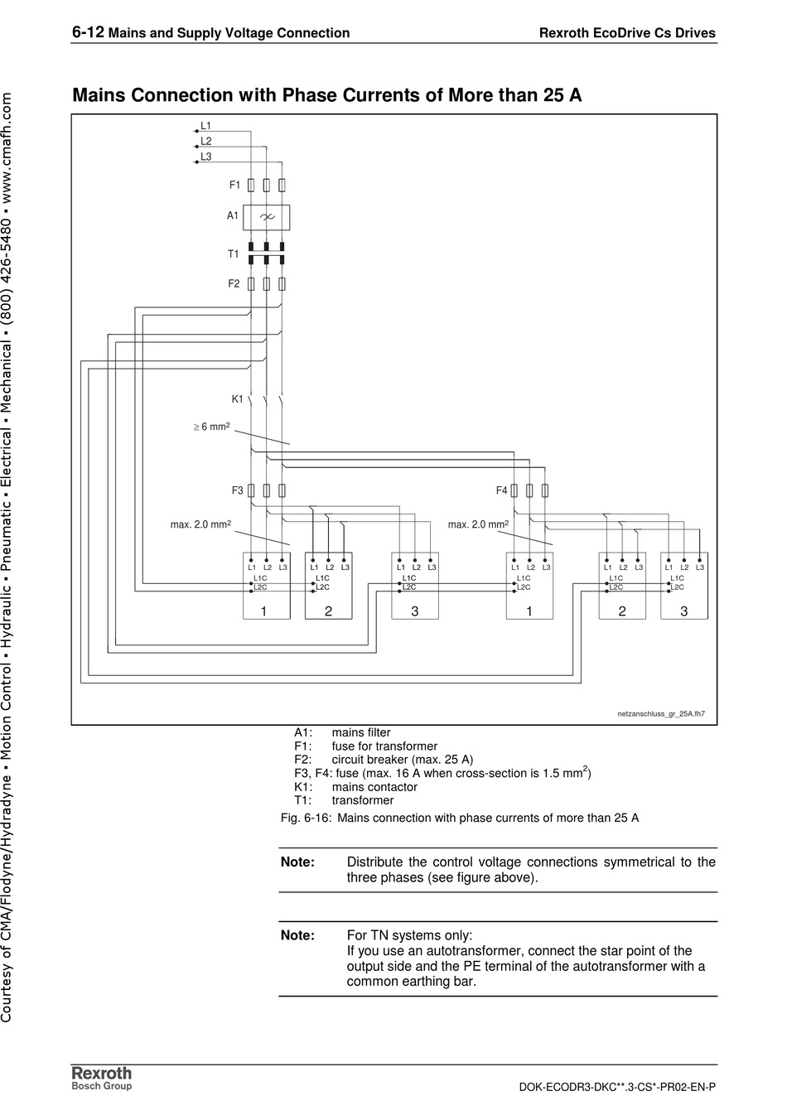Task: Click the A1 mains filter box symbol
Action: point(266,217)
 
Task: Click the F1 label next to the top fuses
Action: point(234,186)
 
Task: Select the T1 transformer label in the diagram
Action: point(234,254)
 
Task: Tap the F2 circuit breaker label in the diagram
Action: point(234,284)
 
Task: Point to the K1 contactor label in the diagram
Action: point(237,399)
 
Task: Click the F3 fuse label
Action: point(237,490)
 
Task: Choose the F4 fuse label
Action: point(501,490)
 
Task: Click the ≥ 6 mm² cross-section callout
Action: point(211,427)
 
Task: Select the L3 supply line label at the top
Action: point(205,157)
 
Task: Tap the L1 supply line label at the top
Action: point(205,126)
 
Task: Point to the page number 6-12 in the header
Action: point(88,32)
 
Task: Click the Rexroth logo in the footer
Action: point(101,1074)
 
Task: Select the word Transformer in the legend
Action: point(362,801)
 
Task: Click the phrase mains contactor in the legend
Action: point(374,787)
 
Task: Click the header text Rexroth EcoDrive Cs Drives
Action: point(627,34)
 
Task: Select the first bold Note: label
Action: point(297,862)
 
